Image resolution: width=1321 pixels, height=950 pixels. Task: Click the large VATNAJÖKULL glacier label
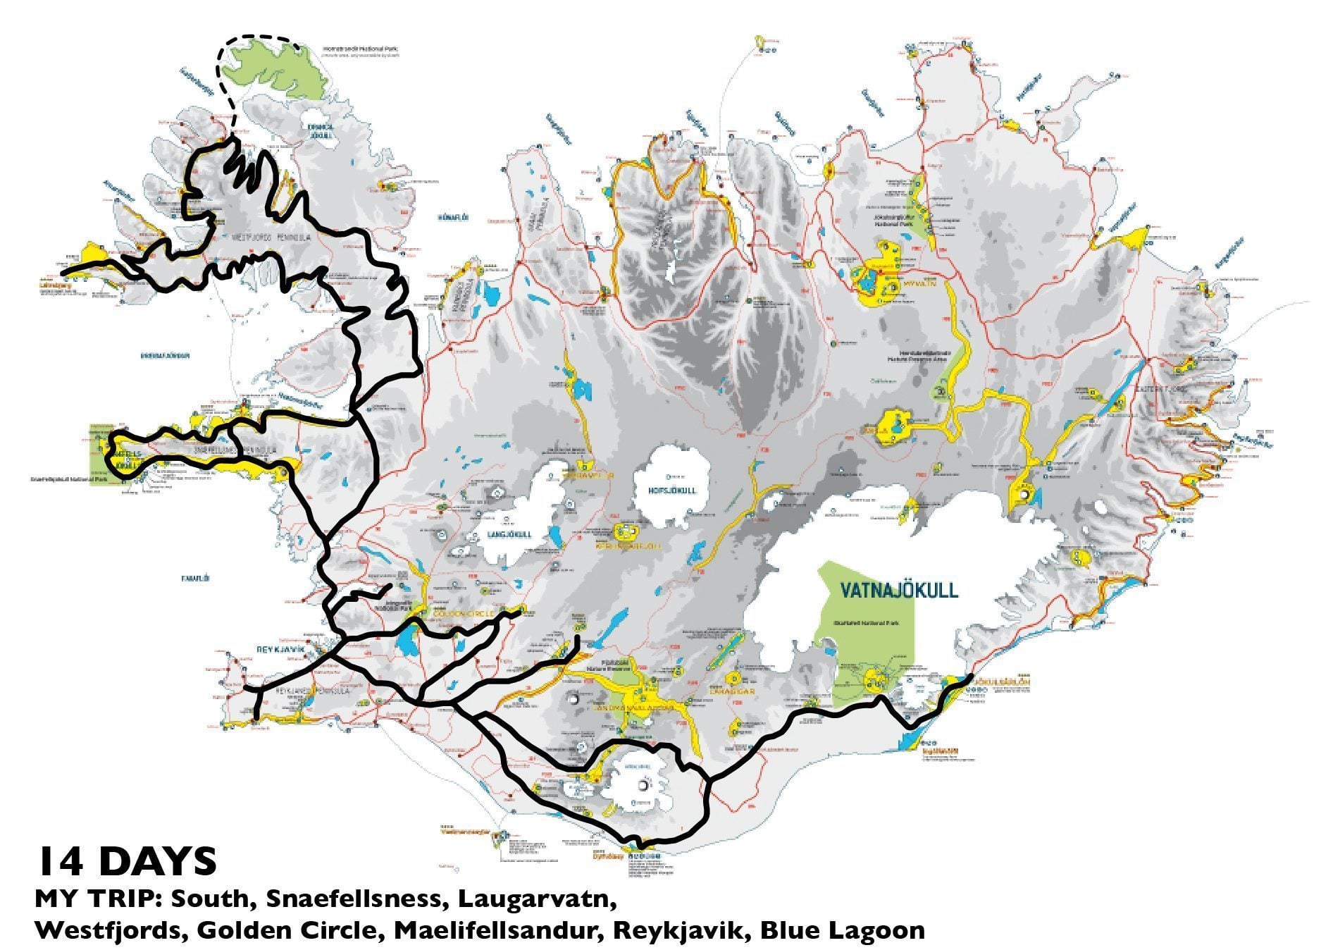pyautogui.click(x=900, y=589)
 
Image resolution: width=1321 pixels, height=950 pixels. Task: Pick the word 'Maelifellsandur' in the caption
pyautogui.click(x=497, y=930)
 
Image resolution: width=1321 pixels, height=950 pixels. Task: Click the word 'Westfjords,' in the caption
pyautogui.click(x=111, y=930)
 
